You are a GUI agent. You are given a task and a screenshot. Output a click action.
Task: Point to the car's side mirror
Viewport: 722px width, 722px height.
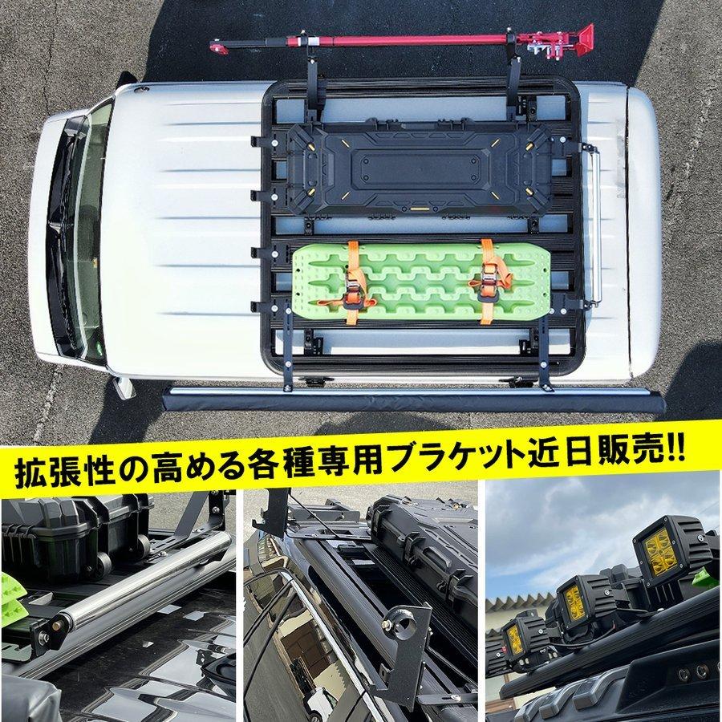pyautogui.click(x=124, y=387)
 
